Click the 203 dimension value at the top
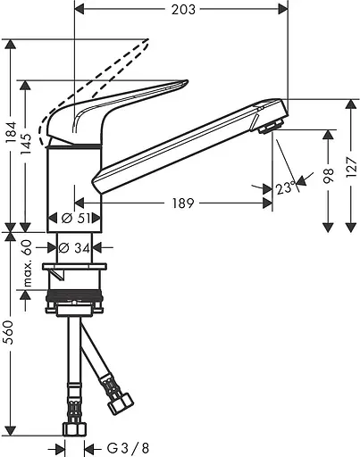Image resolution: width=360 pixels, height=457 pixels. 182,10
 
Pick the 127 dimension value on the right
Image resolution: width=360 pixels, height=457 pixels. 351,163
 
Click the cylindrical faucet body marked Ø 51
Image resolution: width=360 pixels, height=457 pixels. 74,183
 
